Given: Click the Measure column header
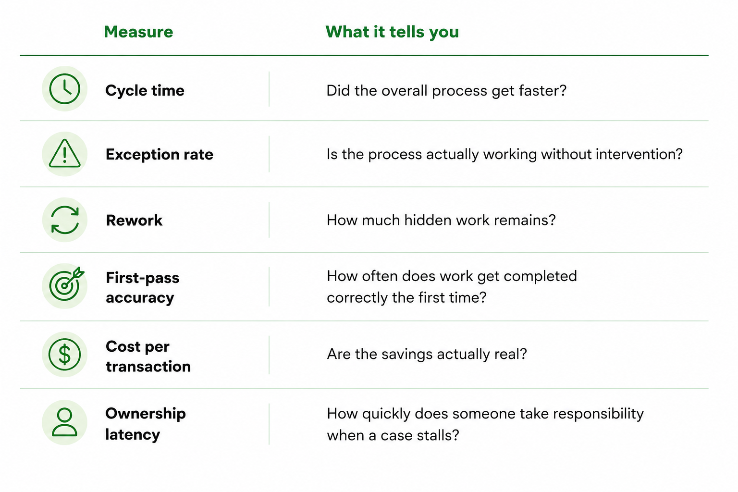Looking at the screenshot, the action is (138, 32).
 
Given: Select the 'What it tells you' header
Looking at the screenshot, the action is (392, 32).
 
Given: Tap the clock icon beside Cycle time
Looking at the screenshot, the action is (64, 89).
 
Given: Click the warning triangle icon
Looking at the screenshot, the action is (64, 153).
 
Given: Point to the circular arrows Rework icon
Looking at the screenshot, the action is (65, 220).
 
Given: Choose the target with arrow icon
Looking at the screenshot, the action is (66, 284).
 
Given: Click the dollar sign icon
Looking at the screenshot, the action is (64, 354).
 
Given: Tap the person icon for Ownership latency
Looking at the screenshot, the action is (64, 422).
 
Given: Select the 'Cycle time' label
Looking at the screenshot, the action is (145, 91).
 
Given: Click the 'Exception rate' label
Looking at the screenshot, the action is (160, 155).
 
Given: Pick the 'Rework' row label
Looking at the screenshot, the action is (134, 221).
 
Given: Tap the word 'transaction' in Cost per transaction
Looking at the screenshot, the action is (148, 367).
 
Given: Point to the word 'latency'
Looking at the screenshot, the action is (133, 435).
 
